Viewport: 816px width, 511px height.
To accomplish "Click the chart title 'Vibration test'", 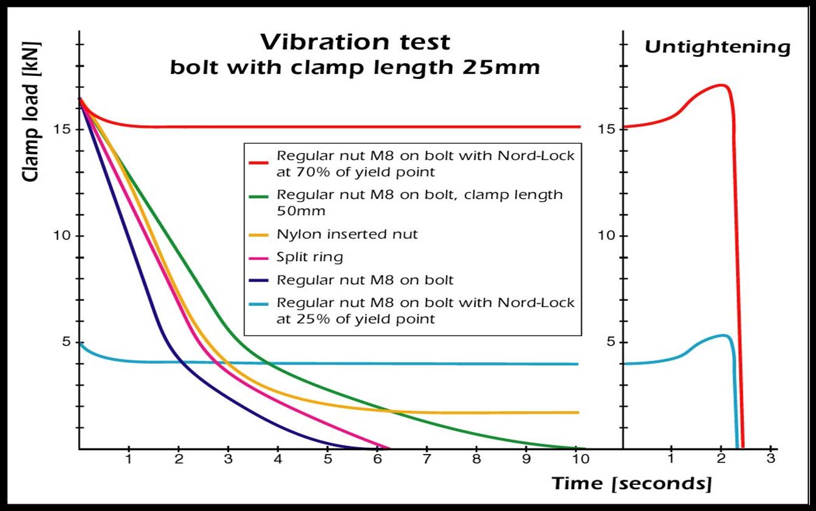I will pyautogui.click(x=355, y=42).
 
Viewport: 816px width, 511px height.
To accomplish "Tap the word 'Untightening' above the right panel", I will pyautogui.click(x=718, y=47).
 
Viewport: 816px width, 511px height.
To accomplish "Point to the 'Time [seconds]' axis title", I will pyautogui.click(x=631, y=483).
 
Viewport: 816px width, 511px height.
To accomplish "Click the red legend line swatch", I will pyautogui.click(x=259, y=162).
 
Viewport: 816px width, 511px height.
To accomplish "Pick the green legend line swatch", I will pyautogui.click(x=259, y=196).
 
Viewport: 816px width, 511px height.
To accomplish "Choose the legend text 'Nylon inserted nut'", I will pyautogui.click(x=347, y=234).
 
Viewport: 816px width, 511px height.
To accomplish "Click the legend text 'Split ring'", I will pyautogui.click(x=309, y=257).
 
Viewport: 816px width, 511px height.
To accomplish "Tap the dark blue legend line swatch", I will pyautogui.click(x=259, y=281).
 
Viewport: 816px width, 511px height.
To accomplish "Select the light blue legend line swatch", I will pyautogui.click(x=259, y=303).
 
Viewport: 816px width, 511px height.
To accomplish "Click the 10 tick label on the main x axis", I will pyautogui.click(x=580, y=459).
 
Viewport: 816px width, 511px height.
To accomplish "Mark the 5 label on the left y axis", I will pyautogui.click(x=66, y=342).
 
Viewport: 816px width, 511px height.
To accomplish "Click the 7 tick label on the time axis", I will pyautogui.click(x=427, y=459).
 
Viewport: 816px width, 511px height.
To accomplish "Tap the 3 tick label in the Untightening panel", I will pyautogui.click(x=770, y=459).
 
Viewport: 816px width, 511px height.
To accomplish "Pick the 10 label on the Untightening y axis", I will pyautogui.click(x=606, y=235).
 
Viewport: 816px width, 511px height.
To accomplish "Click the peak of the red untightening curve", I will pyautogui.click(x=721, y=85).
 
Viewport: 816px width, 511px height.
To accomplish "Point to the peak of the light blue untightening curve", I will pyautogui.click(x=723, y=335).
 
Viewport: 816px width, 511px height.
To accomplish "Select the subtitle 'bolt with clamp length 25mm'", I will pyautogui.click(x=355, y=67).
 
